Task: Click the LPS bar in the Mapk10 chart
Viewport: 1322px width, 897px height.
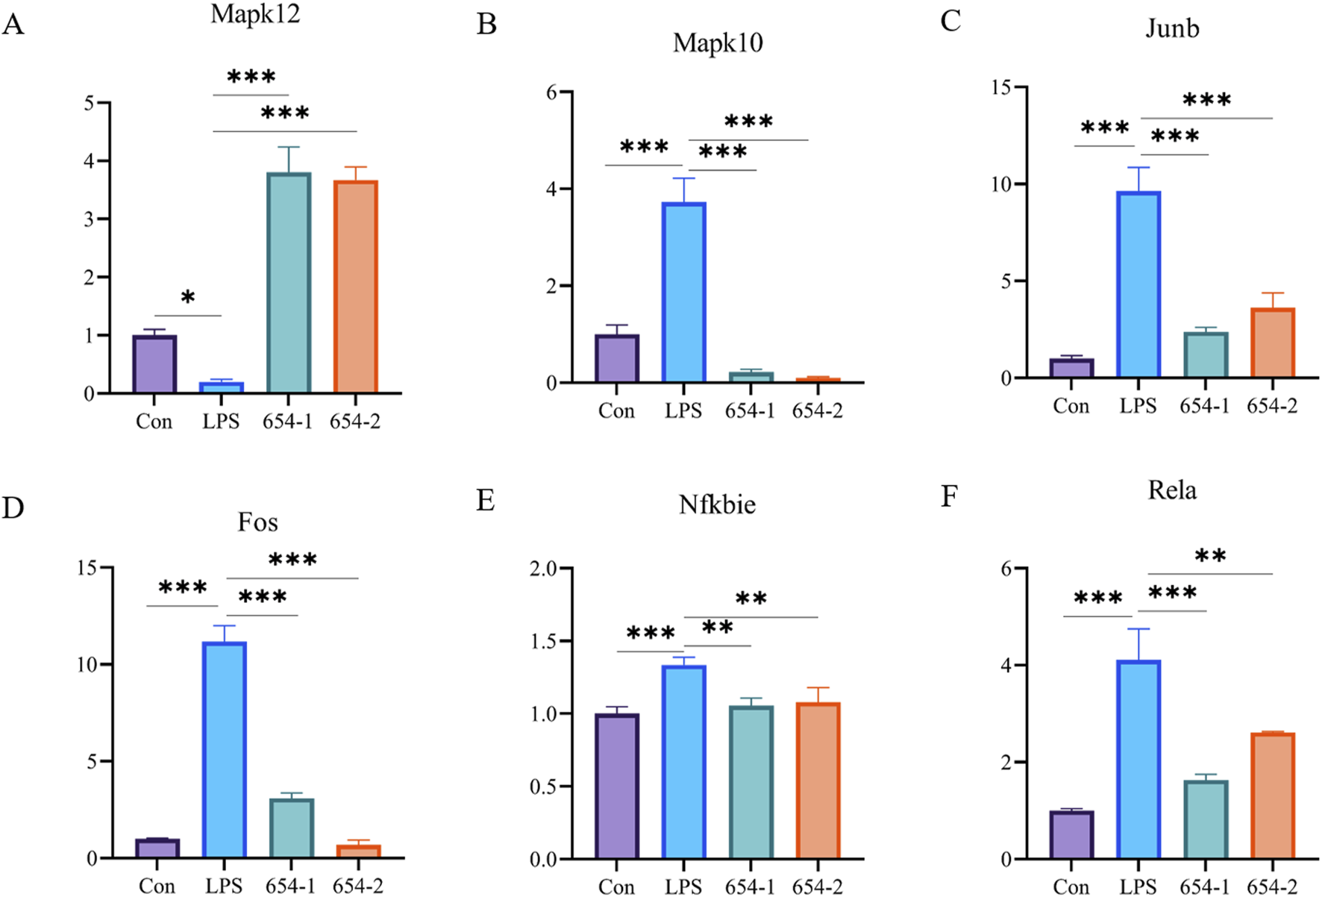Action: click(683, 293)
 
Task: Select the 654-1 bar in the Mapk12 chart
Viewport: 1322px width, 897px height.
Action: click(289, 283)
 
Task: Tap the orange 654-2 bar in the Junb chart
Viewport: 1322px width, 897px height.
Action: click(1272, 343)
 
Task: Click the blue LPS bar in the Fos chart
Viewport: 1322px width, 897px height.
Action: click(224, 749)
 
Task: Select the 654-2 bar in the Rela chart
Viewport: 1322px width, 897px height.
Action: click(1272, 796)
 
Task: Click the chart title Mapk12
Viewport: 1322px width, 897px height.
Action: click(255, 14)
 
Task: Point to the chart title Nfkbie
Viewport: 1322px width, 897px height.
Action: click(717, 504)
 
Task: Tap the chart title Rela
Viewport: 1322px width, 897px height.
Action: click(1171, 490)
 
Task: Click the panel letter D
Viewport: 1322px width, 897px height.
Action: click(13, 508)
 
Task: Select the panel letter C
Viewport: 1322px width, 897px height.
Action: click(950, 21)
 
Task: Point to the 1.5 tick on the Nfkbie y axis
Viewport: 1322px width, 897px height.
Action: click(545, 641)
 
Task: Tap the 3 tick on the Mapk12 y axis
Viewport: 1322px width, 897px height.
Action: click(90, 219)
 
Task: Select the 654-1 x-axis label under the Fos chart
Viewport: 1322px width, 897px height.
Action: click(290, 886)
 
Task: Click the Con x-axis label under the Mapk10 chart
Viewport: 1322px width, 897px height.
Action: click(616, 410)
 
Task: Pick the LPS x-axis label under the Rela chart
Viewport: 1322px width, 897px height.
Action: click(1138, 887)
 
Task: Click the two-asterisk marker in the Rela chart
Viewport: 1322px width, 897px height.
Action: click(1210, 556)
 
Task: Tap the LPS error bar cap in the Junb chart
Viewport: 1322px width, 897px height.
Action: click(1138, 168)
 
